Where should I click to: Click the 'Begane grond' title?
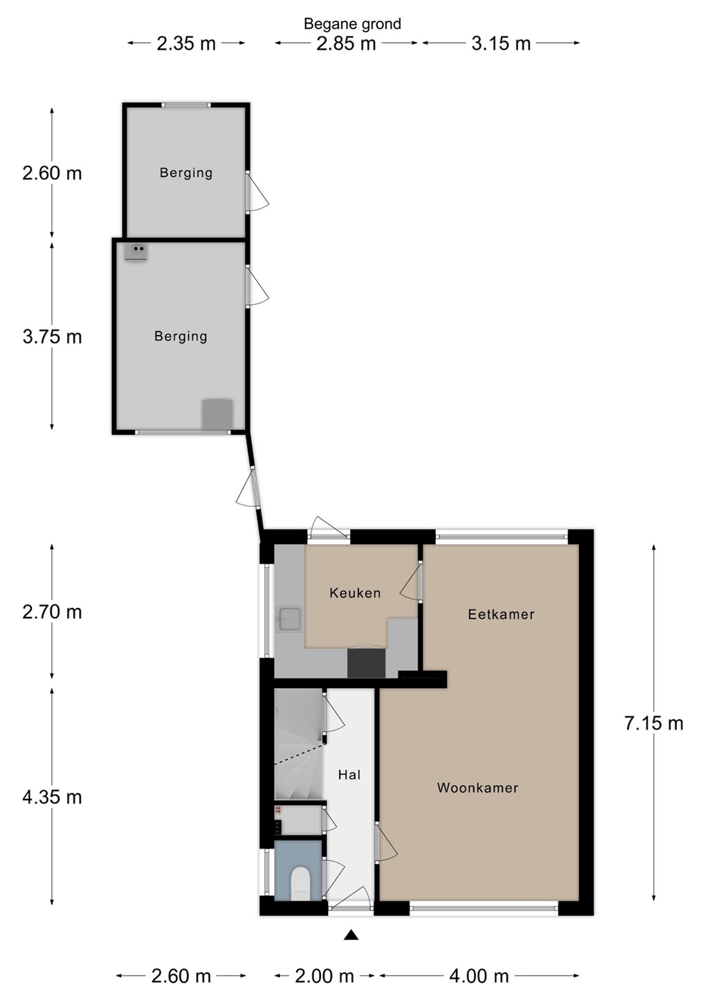coord(352,24)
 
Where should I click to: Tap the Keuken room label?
coord(355,593)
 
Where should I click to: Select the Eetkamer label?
coord(501,614)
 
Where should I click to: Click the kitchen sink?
coord(289,620)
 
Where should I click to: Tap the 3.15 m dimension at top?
coord(501,44)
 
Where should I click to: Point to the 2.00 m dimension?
coord(324,976)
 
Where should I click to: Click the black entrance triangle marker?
coord(351,935)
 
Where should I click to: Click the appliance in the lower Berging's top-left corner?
coord(136,252)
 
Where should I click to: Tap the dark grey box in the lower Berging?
coord(217,414)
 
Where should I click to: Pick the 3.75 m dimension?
coord(52,337)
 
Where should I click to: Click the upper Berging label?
coord(186,172)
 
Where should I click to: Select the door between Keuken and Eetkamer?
coord(411,582)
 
